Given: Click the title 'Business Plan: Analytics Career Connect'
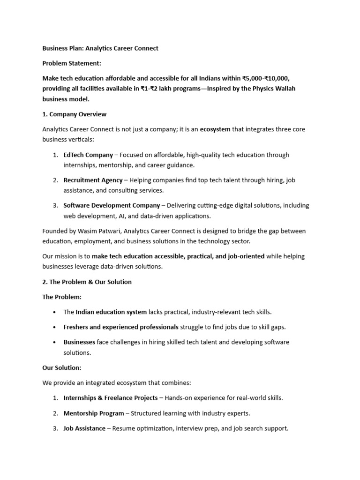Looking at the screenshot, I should tap(100, 48).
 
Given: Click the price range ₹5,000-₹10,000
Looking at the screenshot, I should tap(269, 78).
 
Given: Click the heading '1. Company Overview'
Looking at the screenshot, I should tap(75, 114).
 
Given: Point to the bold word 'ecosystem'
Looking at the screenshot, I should tap(215, 129).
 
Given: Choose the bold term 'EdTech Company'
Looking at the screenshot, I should tap(88, 155).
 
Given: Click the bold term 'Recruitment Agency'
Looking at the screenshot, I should tap(93, 180).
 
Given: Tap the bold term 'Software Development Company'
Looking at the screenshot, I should tap(112, 205).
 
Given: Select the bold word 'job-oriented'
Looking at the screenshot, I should tap(246, 256).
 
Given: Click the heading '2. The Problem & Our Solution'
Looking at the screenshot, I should tap(87, 282).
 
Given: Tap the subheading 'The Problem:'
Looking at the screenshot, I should tap(62, 297).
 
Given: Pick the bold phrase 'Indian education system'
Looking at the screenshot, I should tap(111, 312).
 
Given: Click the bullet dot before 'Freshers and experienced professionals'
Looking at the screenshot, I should tap(55, 327).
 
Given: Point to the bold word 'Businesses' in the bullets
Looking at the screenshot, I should tap(79, 342).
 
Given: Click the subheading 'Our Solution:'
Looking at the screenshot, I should tap(62, 368).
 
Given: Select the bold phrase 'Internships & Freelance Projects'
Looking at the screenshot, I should tap(111, 398).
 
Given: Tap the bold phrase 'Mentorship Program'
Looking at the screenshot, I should tap(94, 413).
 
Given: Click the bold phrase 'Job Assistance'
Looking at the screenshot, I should tap(84, 428).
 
